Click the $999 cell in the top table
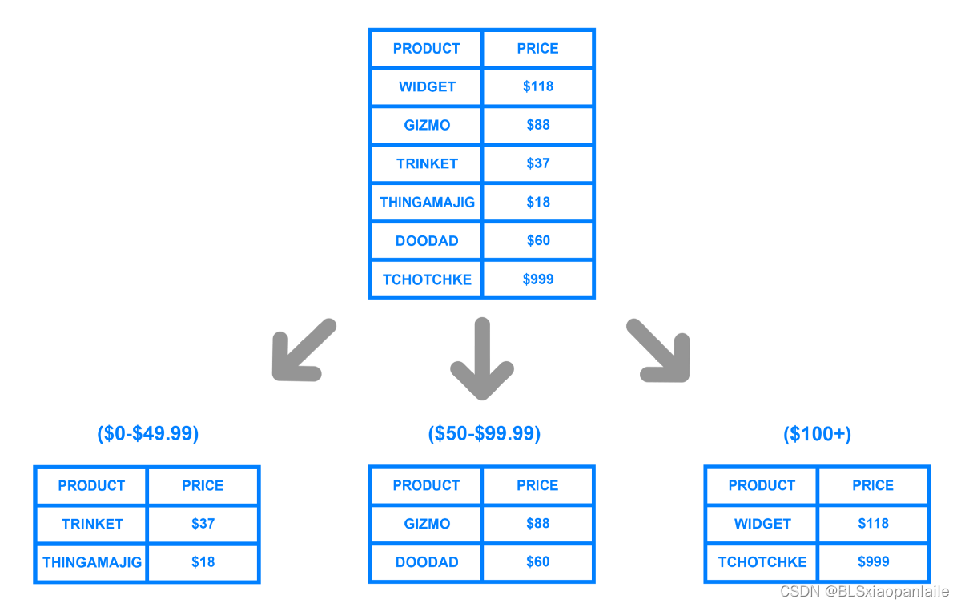point(538,279)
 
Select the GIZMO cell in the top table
point(427,125)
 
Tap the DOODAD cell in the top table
point(427,241)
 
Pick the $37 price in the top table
point(538,163)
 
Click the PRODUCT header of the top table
point(426,49)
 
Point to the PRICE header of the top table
point(537,49)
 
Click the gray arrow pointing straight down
point(482,359)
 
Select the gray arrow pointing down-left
point(304,350)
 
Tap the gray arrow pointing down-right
point(658,350)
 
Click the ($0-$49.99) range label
point(148,434)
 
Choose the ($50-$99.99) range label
point(485,434)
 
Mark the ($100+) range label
point(818,434)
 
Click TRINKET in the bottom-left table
point(92,524)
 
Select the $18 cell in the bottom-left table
point(203,562)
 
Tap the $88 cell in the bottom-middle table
point(538,524)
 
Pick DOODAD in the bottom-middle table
point(427,562)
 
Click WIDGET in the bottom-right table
point(762,524)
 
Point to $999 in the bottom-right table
point(874,561)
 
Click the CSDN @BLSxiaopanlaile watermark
point(864,592)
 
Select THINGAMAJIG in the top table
point(428,202)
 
